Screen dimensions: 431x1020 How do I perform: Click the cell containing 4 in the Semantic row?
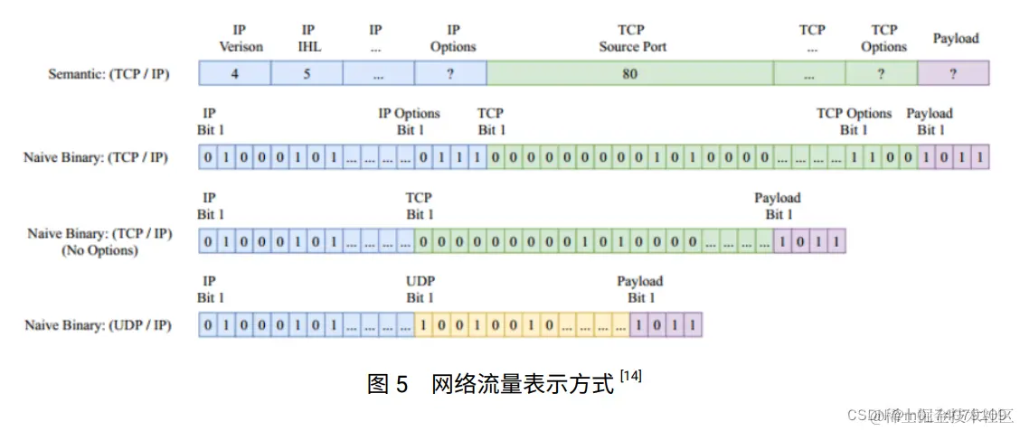point(234,73)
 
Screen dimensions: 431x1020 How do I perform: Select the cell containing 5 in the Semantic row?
point(307,73)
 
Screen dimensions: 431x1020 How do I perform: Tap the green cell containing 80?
point(629,73)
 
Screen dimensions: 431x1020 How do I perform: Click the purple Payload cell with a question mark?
point(953,73)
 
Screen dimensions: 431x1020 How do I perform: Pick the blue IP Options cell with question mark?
point(450,73)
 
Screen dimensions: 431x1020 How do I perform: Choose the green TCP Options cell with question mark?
point(881,73)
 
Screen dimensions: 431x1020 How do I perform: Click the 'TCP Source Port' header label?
point(632,38)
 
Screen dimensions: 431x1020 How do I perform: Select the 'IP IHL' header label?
point(307,38)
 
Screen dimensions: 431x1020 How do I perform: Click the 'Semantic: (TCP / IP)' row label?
point(108,74)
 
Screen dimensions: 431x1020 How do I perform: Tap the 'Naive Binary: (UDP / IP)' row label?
point(98,324)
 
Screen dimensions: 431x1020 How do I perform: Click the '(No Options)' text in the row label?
point(99,250)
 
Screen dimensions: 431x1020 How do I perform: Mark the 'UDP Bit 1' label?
point(420,289)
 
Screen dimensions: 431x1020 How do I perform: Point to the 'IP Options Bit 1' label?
point(409,121)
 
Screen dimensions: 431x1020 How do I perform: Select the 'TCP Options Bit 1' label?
point(854,121)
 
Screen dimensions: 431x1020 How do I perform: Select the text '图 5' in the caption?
point(389,383)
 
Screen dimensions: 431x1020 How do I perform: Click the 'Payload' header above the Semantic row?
point(956,38)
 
